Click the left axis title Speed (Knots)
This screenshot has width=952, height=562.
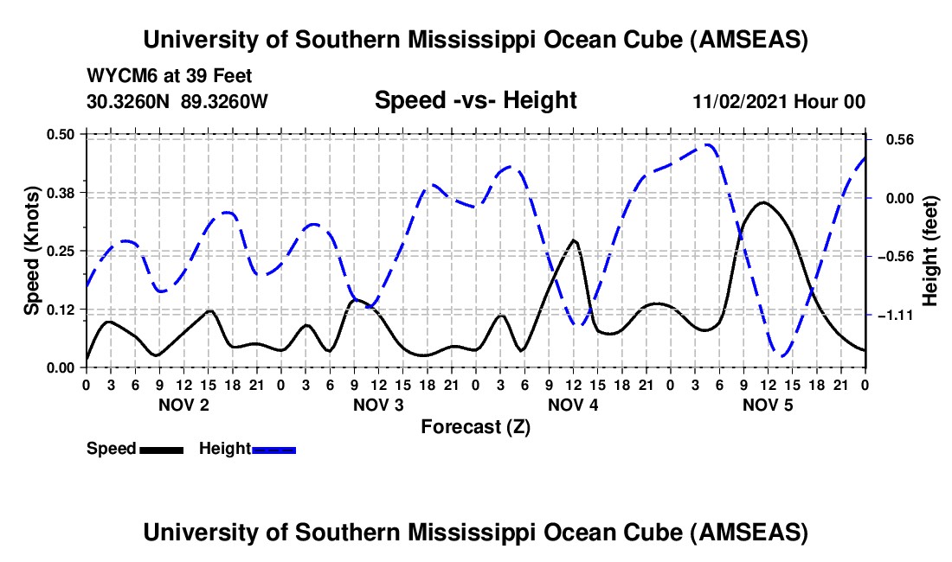click(x=32, y=250)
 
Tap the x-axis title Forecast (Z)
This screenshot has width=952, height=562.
click(x=475, y=426)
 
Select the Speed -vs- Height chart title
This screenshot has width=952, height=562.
click(x=475, y=101)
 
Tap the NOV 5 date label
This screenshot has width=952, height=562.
click(x=767, y=405)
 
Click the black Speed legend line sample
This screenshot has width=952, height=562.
click(x=162, y=449)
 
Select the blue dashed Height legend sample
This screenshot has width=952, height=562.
click(x=274, y=449)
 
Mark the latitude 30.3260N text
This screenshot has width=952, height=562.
click(x=129, y=101)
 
